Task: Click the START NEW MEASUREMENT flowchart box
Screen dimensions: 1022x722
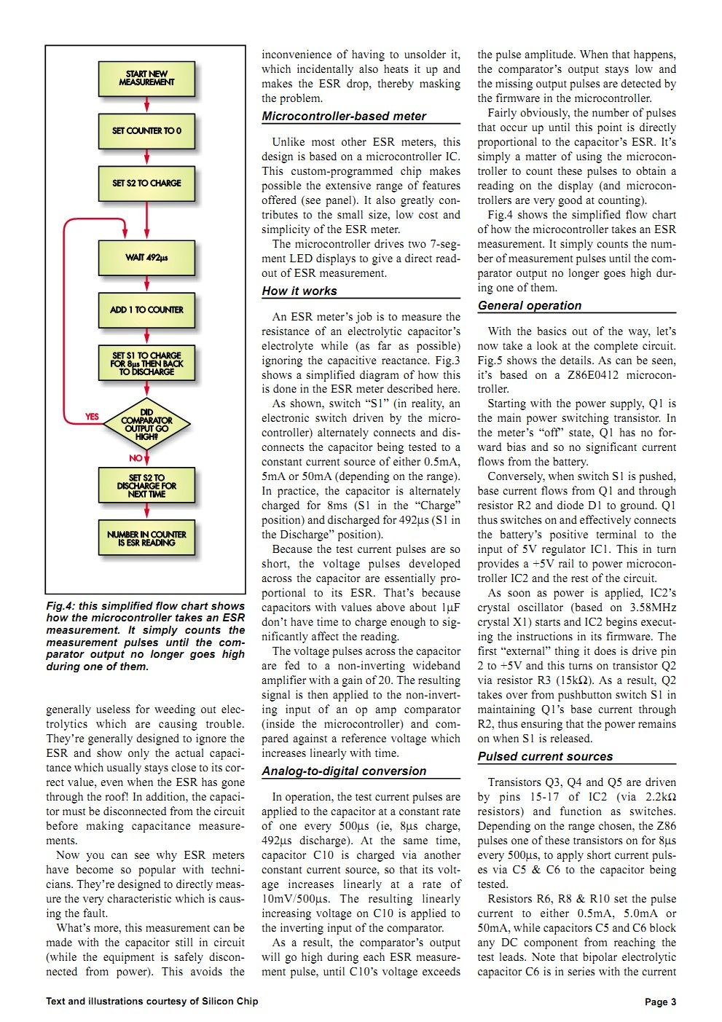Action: [x=146, y=79]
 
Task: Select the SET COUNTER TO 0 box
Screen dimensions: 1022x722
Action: [x=146, y=131]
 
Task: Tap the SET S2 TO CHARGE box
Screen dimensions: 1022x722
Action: [x=146, y=184]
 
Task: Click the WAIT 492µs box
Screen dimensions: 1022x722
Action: [x=146, y=257]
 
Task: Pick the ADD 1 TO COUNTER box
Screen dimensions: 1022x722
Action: [x=146, y=310]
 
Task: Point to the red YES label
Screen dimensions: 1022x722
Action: [x=92, y=417]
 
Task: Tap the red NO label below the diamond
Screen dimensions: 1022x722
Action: [x=136, y=458]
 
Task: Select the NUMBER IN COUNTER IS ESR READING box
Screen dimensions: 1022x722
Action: [x=146, y=538]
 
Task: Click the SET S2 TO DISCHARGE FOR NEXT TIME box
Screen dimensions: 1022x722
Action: [x=146, y=486]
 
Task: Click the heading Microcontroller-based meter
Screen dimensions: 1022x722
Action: [x=344, y=117]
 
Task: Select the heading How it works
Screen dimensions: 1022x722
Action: [x=299, y=291]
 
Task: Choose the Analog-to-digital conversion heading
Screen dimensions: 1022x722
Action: [x=344, y=771]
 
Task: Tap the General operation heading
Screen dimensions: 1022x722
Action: [x=530, y=306]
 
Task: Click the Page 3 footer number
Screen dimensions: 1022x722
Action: [x=660, y=1002]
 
